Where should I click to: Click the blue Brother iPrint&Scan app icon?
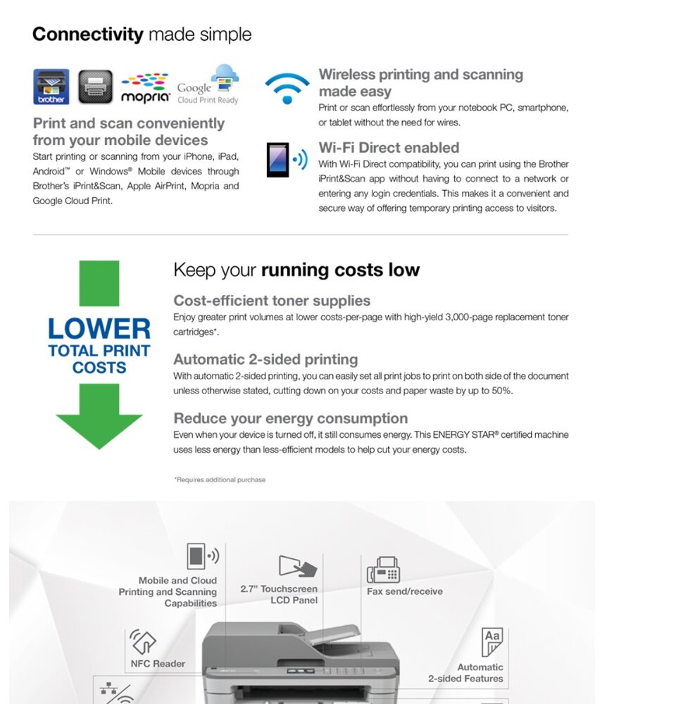tap(51, 87)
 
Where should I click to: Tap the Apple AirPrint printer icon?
tap(95, 87)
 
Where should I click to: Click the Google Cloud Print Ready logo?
tap(208, 84)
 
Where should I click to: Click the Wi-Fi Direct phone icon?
tap(278, 160)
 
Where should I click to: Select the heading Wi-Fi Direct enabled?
tap(389, 148)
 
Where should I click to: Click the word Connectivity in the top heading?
tap(87, 34)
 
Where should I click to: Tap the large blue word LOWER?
tap(99, 329)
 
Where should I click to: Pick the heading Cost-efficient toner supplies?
tap(272, 301)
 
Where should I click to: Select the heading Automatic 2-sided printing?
tap(265, 359)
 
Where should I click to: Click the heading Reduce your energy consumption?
tap(290, 418)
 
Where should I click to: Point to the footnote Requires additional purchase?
tap(220, 479)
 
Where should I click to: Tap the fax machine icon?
tap(384, 570)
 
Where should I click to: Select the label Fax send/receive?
tap(405, 591)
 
